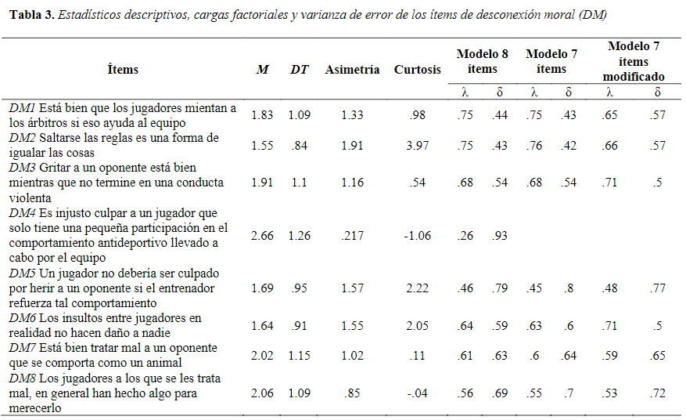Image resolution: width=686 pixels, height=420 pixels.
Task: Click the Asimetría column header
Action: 352,69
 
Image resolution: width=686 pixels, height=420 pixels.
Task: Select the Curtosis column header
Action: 417,69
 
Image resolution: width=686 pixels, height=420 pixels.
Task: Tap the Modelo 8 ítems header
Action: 482,61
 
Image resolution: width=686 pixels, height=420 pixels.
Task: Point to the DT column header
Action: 299,69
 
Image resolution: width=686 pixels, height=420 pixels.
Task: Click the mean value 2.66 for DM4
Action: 262,235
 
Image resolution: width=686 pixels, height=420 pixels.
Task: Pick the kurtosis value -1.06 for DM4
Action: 417,235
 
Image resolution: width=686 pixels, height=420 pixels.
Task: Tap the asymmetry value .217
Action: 352,235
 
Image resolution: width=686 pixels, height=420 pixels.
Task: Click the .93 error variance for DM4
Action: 500,235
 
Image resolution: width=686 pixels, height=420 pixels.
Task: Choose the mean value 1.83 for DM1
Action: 262,115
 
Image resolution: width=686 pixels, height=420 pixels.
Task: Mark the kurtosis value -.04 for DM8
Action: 417,393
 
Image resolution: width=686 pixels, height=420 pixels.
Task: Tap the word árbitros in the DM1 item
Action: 48,122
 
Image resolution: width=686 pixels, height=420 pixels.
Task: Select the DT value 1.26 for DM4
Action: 299,235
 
